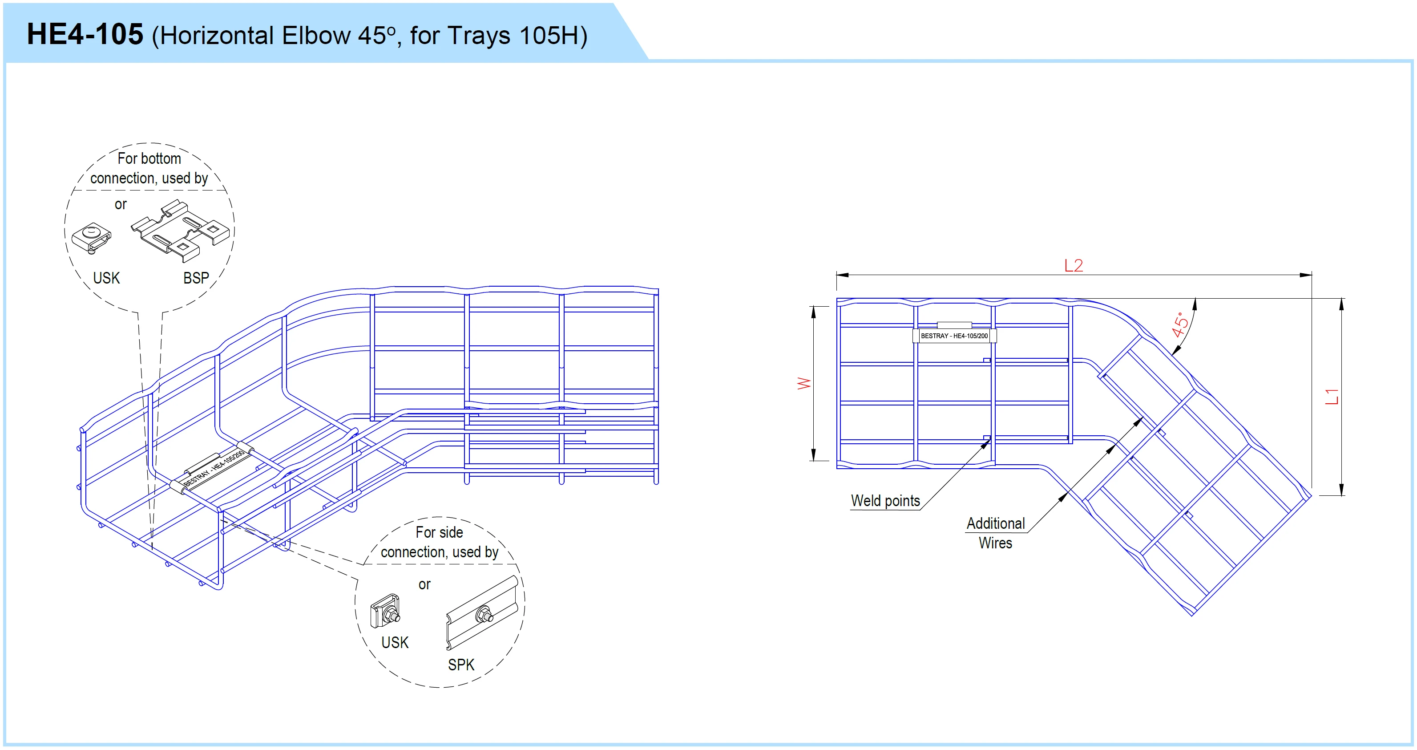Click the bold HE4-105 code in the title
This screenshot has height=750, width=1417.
85,35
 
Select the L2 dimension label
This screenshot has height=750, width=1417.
1073,266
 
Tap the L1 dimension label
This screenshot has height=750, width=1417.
1331,396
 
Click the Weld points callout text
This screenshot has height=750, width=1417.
885,501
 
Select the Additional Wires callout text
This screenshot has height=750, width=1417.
996,533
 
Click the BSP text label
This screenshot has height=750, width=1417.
196,278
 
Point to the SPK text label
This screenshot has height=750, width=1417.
461,665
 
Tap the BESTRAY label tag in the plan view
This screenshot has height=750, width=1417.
954,336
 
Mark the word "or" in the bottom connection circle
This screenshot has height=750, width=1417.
121,205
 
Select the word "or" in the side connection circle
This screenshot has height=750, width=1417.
424,584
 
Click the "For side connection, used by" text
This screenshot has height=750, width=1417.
440,542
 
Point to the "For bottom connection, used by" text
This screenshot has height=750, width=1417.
149,168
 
